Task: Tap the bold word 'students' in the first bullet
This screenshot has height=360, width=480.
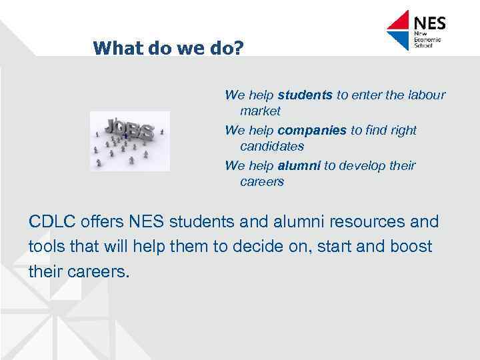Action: point(305,95)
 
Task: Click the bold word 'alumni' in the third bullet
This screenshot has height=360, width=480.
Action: point(299,165)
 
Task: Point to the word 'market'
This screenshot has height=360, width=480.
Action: point(260,111)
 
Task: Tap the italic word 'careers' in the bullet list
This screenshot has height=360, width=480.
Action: point(261,181)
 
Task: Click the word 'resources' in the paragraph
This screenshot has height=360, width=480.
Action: point(349,221)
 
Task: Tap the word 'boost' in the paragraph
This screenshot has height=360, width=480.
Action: point(411,247)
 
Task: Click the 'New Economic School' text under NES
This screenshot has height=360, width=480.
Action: point(427,41)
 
